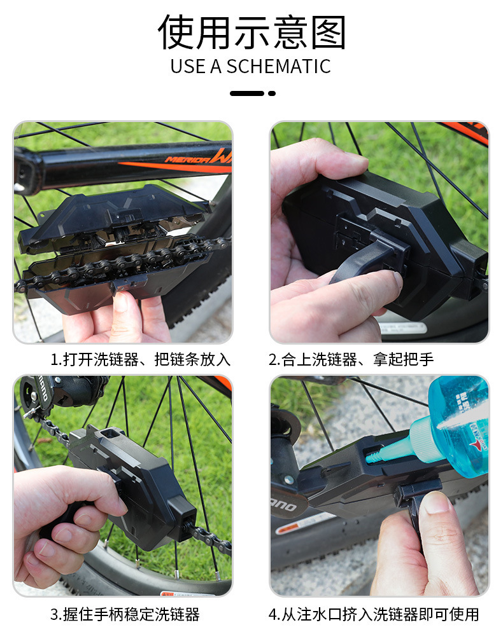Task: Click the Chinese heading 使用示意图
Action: point(251,32)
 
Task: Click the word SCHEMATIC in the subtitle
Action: point(278,67)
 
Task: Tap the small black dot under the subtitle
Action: point(272,93)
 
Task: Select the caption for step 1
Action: point(140,359)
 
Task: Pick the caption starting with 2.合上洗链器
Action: point(351,359)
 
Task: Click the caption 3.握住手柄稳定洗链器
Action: point(125,614)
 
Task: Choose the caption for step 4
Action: point(373,614)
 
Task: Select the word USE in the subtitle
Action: point(187,67)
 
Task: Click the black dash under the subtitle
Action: point(247,93)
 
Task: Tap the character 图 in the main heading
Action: point(329,32)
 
